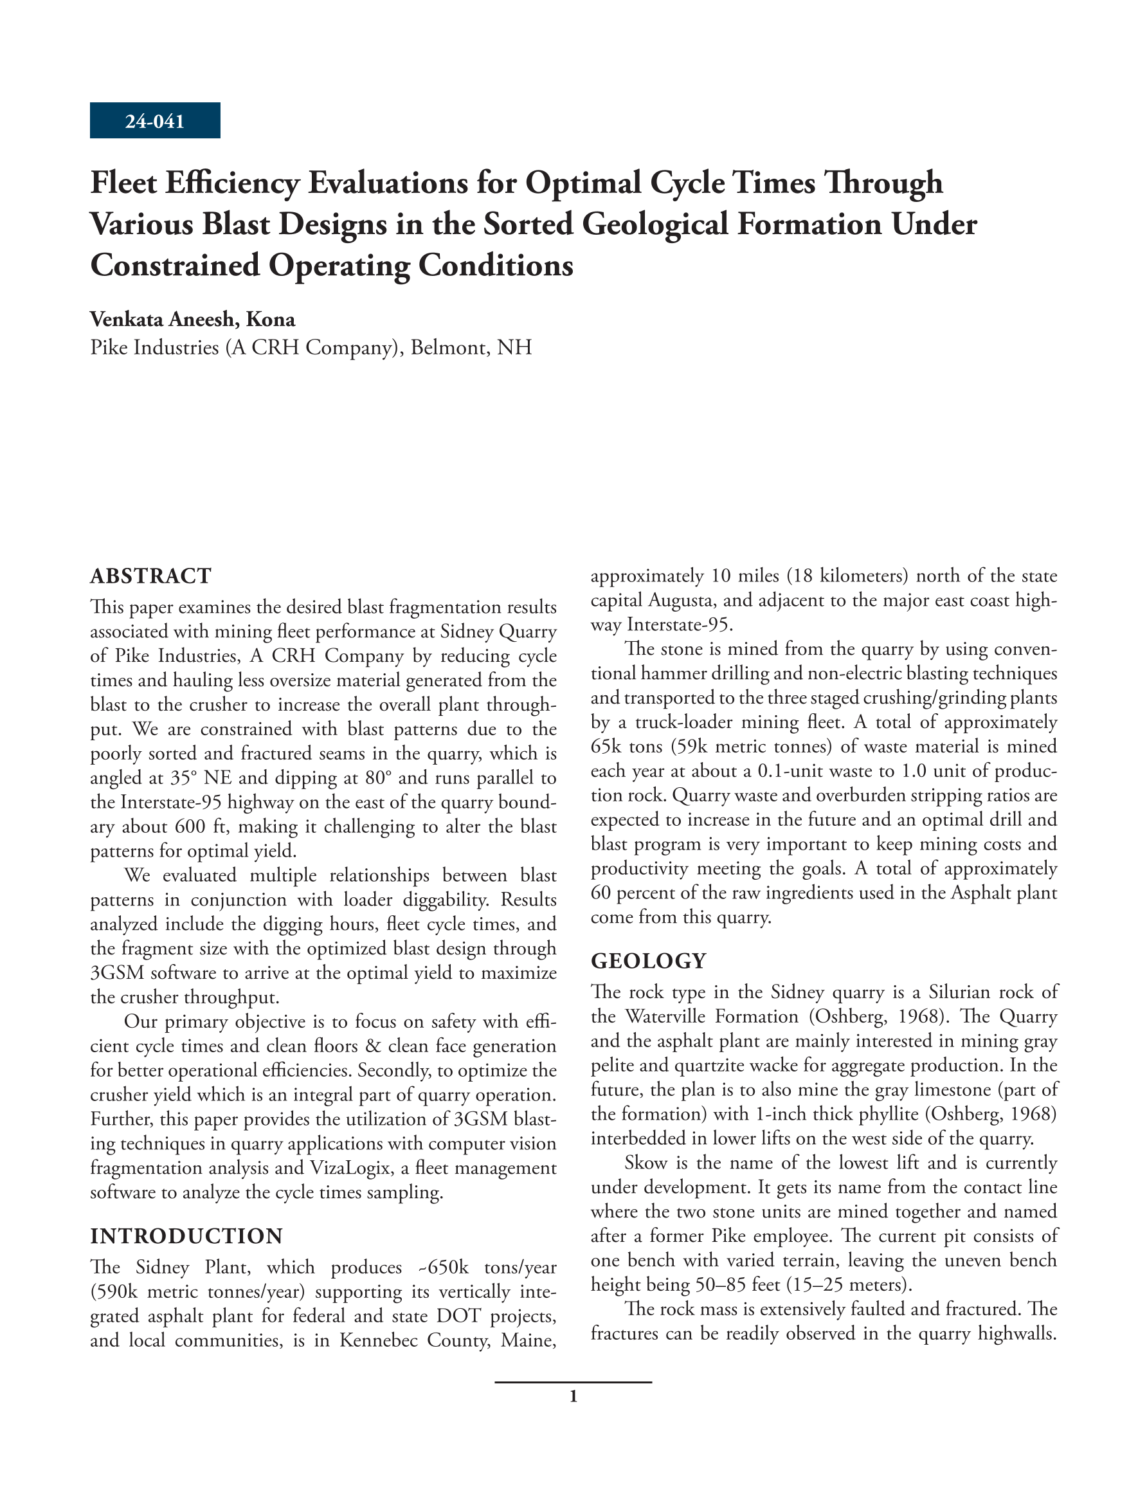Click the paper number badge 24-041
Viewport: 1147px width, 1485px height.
(x=155, y=121)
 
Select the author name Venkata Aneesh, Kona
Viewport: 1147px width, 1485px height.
(x=192, y=319)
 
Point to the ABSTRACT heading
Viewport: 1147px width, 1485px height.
(x=151, y=576)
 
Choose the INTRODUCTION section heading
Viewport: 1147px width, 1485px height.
(x=186, y=1235)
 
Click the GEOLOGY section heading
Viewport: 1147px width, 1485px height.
(x=649, y=961)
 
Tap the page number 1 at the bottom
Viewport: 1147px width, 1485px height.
(x=573, y=1397)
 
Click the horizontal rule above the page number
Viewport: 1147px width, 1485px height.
(x=573, y=1382)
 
